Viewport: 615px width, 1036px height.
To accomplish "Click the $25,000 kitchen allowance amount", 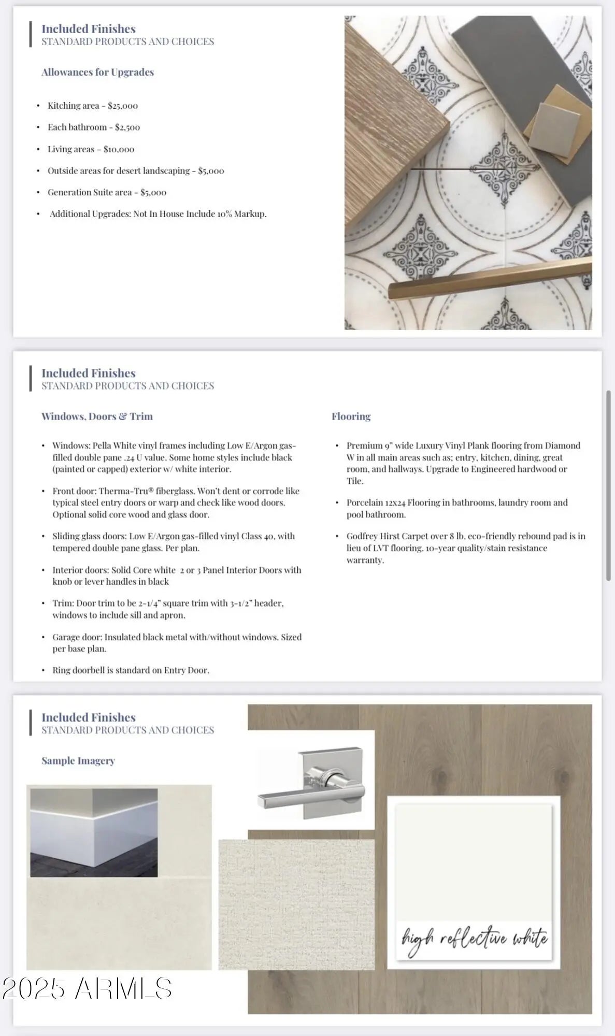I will [x=123, y=106].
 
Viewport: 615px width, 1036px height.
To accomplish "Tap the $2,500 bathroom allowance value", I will [x=127, y=127].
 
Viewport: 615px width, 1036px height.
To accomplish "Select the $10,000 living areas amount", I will [x=119, y=149].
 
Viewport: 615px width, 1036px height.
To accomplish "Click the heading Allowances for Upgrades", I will [x=97, y=73].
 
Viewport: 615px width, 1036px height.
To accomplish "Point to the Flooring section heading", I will [x=351, y=416].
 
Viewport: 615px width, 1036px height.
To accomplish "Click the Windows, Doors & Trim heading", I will [x=97, y=416].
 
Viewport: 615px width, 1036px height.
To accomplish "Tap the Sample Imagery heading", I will [x=78, y=761].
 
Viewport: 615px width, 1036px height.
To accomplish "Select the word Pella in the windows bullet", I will [x=102, y=445].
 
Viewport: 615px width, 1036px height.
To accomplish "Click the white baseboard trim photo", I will [x=94, y=832].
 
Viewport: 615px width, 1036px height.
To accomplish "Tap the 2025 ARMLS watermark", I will [x=87, y=988].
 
